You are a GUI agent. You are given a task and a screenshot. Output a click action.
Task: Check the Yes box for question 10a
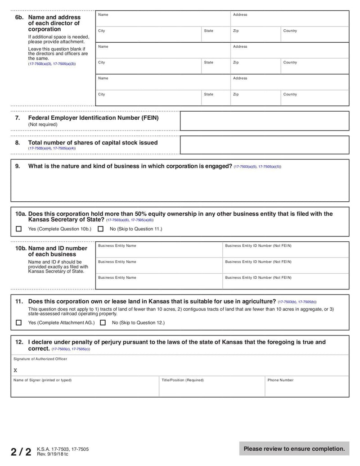[18, 229]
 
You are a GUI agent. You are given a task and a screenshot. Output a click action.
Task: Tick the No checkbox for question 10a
[100, 229]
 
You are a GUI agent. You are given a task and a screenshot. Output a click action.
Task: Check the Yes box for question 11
[18, 322]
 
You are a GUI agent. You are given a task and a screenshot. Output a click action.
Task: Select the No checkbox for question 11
[103, 322]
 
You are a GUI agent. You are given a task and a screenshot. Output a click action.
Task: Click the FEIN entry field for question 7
[264, 121]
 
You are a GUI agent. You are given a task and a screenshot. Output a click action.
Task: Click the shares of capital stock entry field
[264, 145]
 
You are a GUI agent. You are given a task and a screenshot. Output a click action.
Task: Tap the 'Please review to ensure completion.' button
[294, 448]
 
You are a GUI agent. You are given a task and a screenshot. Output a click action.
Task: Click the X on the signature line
[15, 371]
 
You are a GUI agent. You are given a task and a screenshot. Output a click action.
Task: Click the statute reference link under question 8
[52, 148]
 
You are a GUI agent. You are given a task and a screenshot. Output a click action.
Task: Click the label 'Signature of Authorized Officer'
[40, 359]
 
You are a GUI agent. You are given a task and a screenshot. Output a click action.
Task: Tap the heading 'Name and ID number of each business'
[51, 251]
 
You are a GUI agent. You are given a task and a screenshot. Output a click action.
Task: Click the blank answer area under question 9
[180, 187]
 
